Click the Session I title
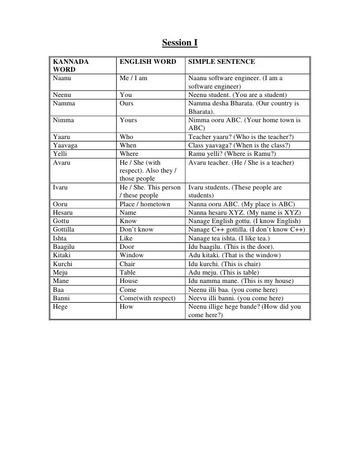[180, 43]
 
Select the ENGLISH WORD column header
[147, 62]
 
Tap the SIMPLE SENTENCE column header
[222, 62]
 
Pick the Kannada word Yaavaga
[66, 145]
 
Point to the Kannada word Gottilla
[65, 230]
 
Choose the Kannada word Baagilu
[65, 246]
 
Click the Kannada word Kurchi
[62, 264]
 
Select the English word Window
[132, 255]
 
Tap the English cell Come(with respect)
[147, 298]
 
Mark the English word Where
[129, 153]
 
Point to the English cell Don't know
[136, 230]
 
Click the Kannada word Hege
[60, 306]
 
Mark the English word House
[129, 280]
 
